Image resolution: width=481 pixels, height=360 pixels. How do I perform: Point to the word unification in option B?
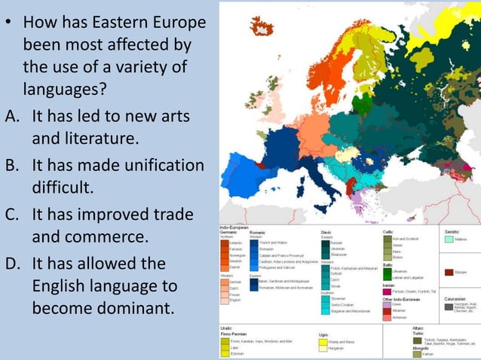[161, 166]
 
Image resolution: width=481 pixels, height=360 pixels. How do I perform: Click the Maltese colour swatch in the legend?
[449, 240]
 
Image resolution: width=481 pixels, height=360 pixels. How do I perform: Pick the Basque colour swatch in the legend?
[449, 272]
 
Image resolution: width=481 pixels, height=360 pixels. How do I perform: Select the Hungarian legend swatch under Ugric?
[323, 349]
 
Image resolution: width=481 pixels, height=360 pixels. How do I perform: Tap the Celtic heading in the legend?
[389, 231]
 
